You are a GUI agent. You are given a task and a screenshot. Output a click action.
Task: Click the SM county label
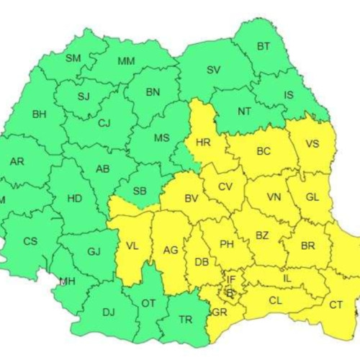click(x=73, y=58)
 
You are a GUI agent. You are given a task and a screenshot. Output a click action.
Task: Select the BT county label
click(x=264, y=47)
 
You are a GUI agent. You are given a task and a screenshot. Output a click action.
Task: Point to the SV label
click(x=213, y=71)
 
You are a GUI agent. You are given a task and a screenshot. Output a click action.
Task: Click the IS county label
click(x=289, y=94)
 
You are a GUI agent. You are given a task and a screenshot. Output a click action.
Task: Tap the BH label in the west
click(x=39, y=114)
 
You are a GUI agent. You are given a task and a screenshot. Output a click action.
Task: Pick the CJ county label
click(x=104, y=123)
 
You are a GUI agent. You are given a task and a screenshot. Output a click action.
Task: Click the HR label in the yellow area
click(x=203, y=143)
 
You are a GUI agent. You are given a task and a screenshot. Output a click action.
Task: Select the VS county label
click(x=312, y=143)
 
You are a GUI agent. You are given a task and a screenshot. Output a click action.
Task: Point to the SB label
click(x=140, y=192)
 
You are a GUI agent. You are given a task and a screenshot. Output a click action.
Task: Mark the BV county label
click(x=191, y=198)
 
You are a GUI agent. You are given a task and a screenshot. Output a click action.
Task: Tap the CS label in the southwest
click(x=30, y=241)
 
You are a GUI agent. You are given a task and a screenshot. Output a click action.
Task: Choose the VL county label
click(x=131, y=245)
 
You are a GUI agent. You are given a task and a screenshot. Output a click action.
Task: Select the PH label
click(x=227, y=245)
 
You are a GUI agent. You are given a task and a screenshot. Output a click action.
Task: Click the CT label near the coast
click(x=336, y=305)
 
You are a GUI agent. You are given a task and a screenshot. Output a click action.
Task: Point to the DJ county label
click(x=108, y=312)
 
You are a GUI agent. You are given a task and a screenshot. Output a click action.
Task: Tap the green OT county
click(x=148, y=303)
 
